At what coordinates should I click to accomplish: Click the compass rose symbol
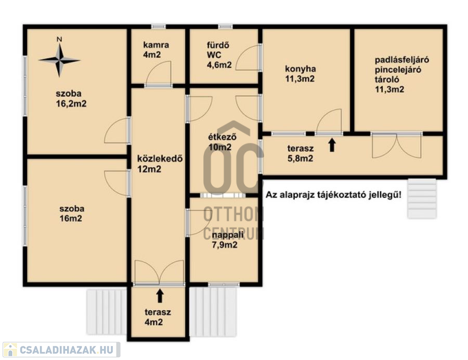pyautogui.click(x=60, y=60)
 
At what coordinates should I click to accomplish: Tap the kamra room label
pyautogui.click(x=156, y=45)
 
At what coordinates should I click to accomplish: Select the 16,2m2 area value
pyautogui.click(x=71, y=104)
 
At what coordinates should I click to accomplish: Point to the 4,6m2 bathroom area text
pyautogui.click(x=219, y=65)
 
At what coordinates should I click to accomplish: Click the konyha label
pyautogui.click(x=301, y=69)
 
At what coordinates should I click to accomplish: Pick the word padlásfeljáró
pyautogui.click(x=402, y=60)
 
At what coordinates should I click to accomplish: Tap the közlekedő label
pyautogui.click(x=160, y=158)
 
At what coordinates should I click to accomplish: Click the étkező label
pyautogui.click(x=223, y=137)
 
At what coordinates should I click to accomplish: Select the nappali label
pyautogui.click(x=228, y=235)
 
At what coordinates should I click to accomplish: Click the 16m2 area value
pyautogui.click(x=71, y=219)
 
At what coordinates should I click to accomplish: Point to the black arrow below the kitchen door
pyautogui.click(x=332, y=145)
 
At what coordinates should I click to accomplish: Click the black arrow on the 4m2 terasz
pyautogui.click(x=160, y=296)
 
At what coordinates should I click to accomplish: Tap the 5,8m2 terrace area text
pyautogui.click(x=300, y=158)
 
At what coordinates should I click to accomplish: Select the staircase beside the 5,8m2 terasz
pyautogui.click(x=422, y=198)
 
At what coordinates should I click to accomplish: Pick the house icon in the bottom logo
pyautogui.click(x=10, y=350)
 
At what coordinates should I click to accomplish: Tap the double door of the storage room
pyautogui.click(x=397, y=146)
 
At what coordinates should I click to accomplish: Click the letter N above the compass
pyautogui.click(x=60, y=39)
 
